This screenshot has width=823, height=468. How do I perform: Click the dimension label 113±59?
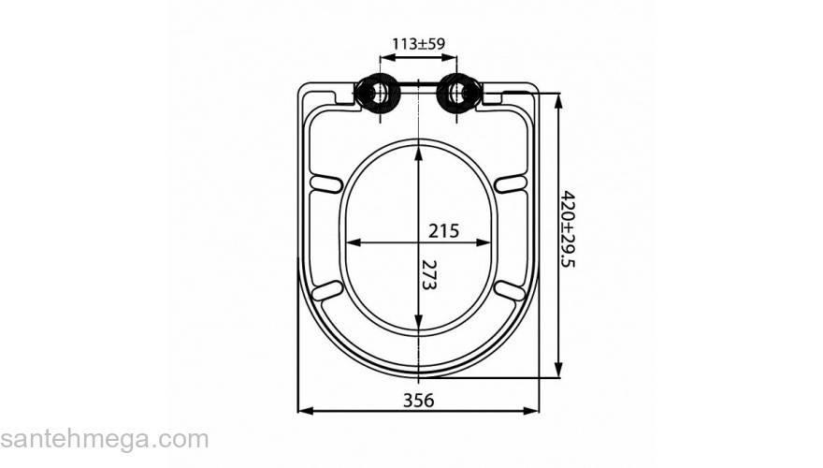point(417,43)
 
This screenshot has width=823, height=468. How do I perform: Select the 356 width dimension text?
point(418,400)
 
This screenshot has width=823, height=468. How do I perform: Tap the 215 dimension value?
point(443,230)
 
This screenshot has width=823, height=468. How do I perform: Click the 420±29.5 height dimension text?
point(568,229)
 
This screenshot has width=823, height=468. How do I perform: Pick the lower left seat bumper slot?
point(325,291)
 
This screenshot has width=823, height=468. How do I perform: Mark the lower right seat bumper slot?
point(512,291)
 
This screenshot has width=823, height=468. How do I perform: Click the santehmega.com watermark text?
point(104,439)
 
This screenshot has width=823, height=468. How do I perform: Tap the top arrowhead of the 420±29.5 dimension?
point(558,98)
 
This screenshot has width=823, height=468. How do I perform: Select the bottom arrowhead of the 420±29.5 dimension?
point(558,373)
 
